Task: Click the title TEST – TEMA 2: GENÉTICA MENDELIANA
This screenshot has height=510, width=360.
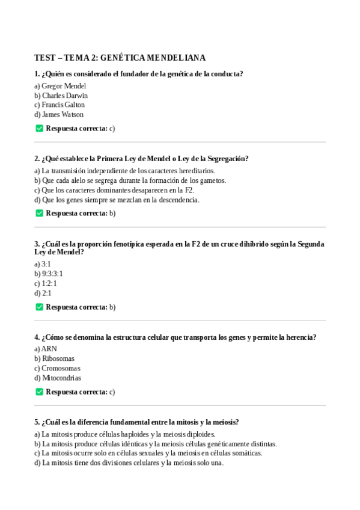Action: point(120,58)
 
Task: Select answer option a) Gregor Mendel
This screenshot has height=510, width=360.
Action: point(60,86)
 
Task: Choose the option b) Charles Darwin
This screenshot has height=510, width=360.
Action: point(61,96)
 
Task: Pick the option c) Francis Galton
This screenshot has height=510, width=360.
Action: point(59,105)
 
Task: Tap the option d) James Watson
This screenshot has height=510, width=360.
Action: point(59,114)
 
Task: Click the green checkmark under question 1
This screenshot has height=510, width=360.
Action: point(40,128)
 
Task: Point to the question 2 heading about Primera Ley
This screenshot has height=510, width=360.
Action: point(141,159)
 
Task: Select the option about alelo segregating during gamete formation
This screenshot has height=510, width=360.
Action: point(130,180)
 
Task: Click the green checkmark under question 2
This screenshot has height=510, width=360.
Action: point(40,213)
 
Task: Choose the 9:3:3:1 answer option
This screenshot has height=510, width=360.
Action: point(49,274)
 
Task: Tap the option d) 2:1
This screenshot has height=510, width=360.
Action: point(43,293)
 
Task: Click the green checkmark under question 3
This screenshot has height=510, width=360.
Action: point(40,307)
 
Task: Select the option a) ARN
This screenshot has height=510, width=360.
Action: point(46,349)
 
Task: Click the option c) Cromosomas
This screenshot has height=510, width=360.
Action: point(57,368)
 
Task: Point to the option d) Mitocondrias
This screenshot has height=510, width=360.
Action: point(58,378)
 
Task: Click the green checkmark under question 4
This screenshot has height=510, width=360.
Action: point(40,392)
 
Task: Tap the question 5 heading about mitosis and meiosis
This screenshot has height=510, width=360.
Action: point(136,422)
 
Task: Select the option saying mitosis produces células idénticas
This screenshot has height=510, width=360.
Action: point(156,444)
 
